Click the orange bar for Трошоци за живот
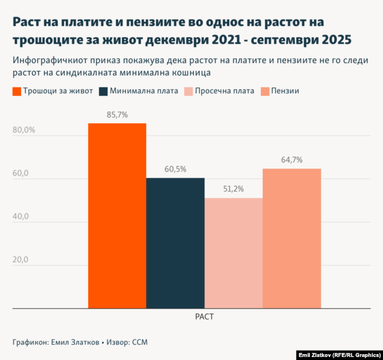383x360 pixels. [x=117, y=216]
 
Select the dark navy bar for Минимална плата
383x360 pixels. [x=175, y=243]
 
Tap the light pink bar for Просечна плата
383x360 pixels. [x=233, y=253]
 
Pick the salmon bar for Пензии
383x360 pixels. [x=292, y=238]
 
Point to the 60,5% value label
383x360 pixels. [x=175, y=169]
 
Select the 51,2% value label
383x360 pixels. [x=233, y=189]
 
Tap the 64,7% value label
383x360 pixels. [x=292, y=160]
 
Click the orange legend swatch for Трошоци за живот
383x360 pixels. [x=17, y=91]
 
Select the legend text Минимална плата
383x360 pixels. [x=144, y=91]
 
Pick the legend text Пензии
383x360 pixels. [x=285, y=91]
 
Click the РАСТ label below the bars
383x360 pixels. [x=204, y=316]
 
